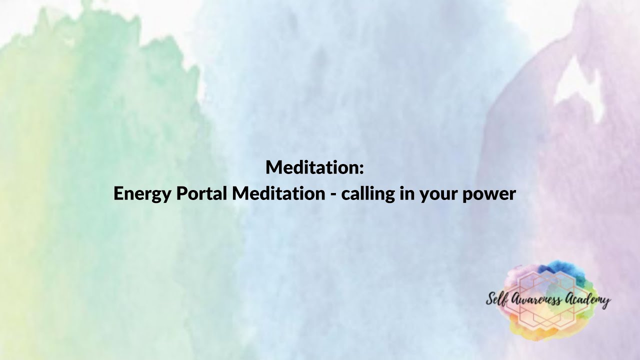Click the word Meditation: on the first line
point(314,167)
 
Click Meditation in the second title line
point(278,193)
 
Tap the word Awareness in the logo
point(535,300)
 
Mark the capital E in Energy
point(118,193)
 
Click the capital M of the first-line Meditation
point(273,167)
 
